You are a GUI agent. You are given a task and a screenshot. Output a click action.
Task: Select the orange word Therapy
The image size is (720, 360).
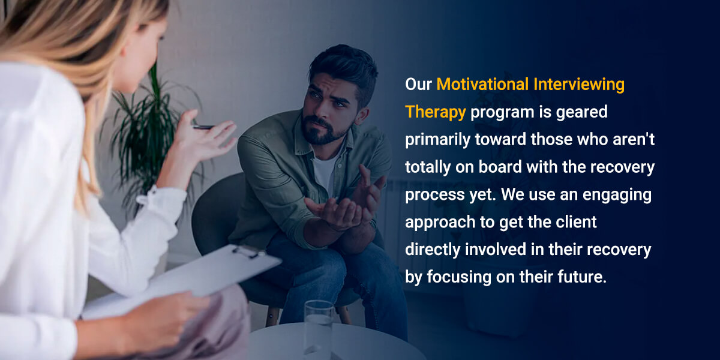point(435,112)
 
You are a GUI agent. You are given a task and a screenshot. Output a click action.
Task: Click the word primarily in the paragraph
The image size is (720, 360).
point(438,140)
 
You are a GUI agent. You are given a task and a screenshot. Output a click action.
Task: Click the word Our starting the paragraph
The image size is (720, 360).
point(418,85)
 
